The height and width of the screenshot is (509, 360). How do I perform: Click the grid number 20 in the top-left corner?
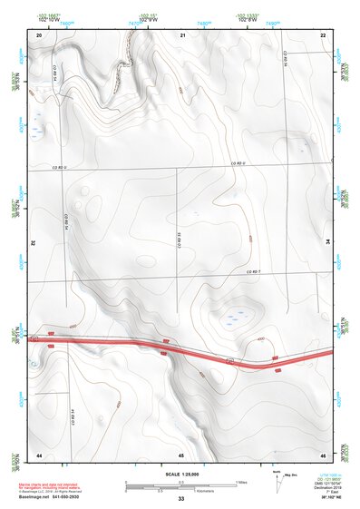click(39, 34)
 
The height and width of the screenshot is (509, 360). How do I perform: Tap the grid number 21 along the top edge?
click(182, 34)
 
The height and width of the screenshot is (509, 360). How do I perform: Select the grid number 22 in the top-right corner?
click(324, 34)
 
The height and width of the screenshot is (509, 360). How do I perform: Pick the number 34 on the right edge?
click(330, 243)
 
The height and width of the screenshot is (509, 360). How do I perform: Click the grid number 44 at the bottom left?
click(39, 453)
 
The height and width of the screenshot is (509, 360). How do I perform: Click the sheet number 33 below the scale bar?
click(181, 499)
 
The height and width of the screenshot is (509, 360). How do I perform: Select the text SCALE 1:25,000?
click(181, 475)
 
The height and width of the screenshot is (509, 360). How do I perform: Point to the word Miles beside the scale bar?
click(241, 481)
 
